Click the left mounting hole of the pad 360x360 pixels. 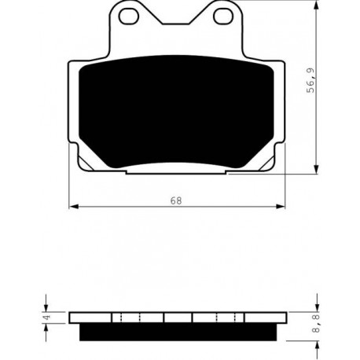[x=128, y=16]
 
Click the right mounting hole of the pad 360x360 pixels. [x=223, y=16]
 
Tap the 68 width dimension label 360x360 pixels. [x=176, y=200]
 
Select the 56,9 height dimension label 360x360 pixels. [x=310, y=80]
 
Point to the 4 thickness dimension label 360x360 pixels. [x=46, y=318]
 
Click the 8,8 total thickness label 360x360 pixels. [x=317, y=324]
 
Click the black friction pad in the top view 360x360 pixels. [x=176, y=112]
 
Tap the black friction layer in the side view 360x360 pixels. [x=178, y=332]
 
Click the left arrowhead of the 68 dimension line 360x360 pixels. [x=73, y=207]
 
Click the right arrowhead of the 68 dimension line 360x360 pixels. [x=281, y=207]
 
